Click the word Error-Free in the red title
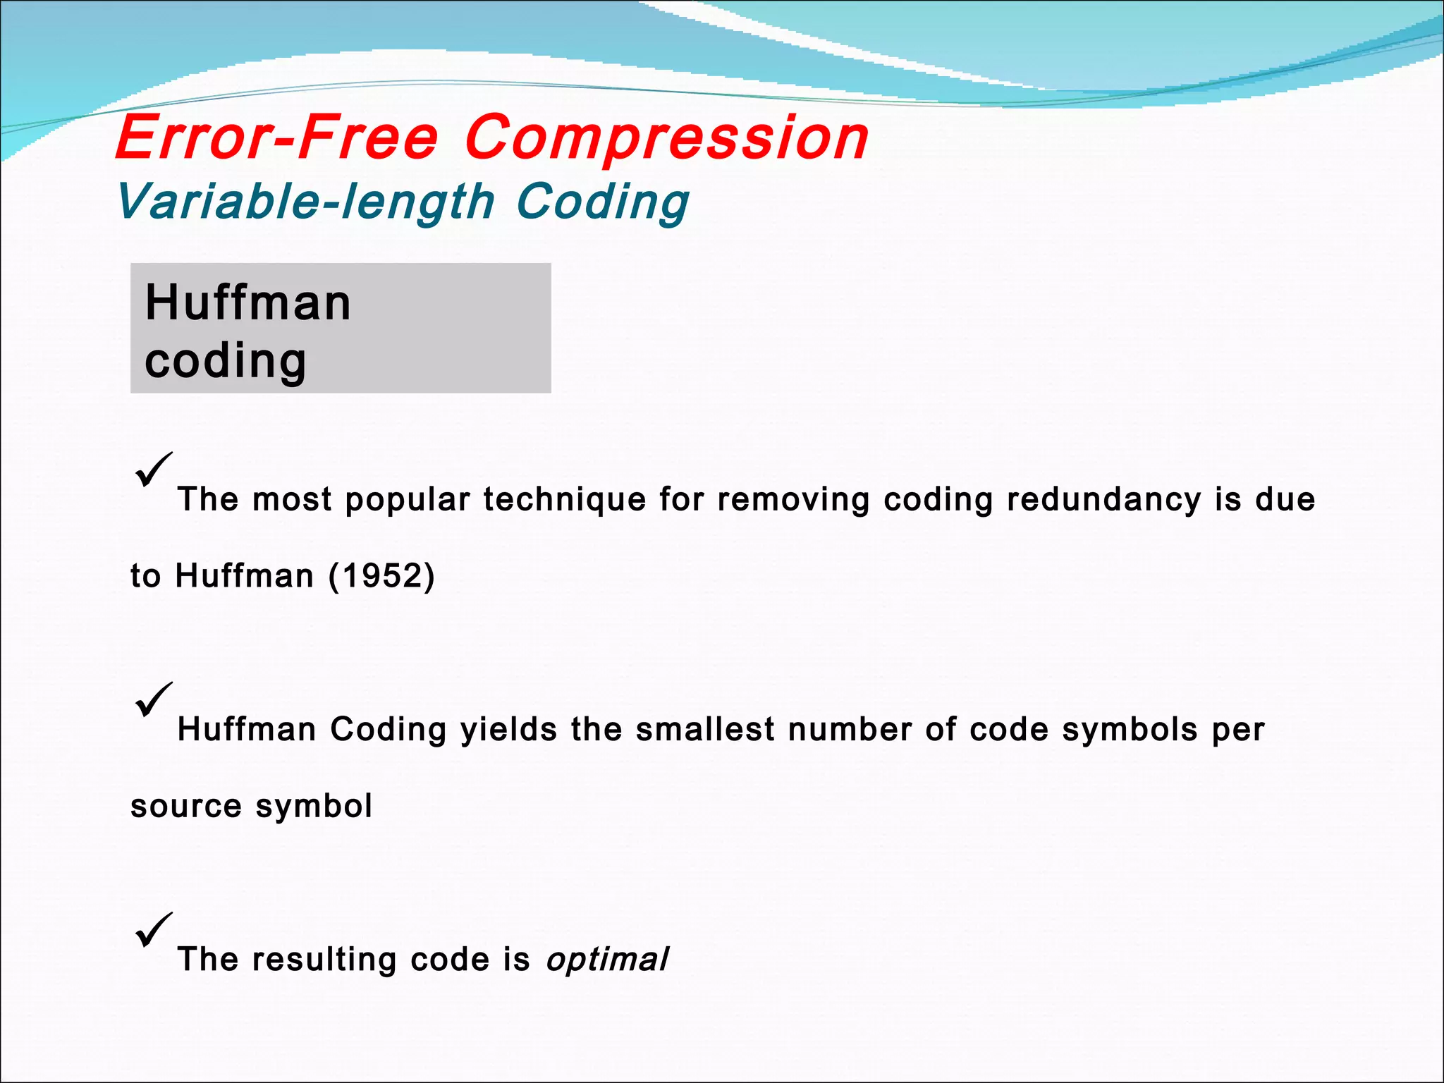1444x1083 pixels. click(277, 137)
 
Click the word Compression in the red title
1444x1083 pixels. click(666, 138)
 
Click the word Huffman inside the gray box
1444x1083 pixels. click(247, 303)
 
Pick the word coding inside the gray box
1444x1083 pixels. click(226, 361)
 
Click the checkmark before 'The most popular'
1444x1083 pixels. click(153, 470)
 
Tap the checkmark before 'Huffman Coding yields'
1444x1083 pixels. click(153, 699)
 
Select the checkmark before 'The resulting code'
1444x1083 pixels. click(153, 930)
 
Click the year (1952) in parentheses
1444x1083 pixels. click(381, 576)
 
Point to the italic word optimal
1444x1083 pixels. click(607, 960)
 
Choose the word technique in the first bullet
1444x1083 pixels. click(564, 500)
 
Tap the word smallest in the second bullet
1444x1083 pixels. click(705, 729)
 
